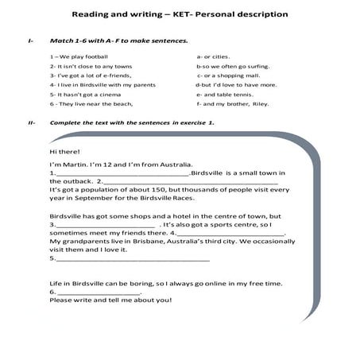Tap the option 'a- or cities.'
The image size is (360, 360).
[x=214, y=56]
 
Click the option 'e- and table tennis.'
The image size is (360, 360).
[x=223, y=93]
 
